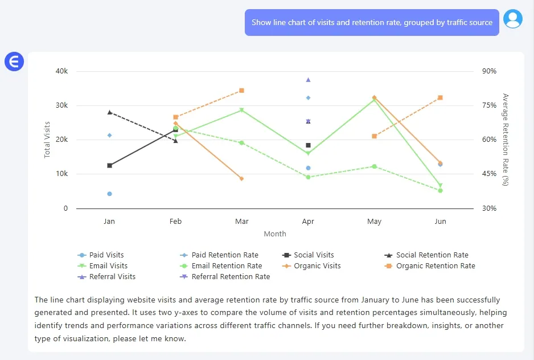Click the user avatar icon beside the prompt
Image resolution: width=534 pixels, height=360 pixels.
point(513,19)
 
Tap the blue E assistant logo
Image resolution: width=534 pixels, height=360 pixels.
point(14,61)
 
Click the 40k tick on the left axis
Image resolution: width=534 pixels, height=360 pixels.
point(61,71)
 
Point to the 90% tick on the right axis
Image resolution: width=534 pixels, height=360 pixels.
point(489,71)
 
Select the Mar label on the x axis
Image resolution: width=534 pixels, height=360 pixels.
point(241,221)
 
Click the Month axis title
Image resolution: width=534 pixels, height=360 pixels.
point(274,234)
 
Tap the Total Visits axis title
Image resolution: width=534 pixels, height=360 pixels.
point(48,140)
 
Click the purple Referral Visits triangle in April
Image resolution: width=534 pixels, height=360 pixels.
point(308,80)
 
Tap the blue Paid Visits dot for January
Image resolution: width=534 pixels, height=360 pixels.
point(109,194)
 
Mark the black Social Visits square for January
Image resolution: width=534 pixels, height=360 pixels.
point(109,166)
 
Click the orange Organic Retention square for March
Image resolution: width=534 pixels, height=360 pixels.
point(241,91)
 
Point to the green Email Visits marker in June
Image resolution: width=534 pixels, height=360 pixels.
point(440,186)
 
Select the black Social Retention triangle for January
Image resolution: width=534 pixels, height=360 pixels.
point(109,112)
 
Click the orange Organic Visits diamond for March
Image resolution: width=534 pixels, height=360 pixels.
point(241,179)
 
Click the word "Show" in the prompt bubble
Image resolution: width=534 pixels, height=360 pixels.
point(262,22)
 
